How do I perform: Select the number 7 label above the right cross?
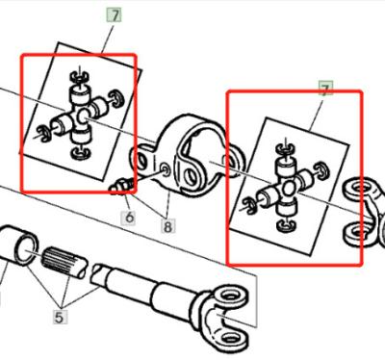pos(324,90)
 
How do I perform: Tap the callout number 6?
pos(127,218)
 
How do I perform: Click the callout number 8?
pos(168,228)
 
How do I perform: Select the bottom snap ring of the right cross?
pos(284,225)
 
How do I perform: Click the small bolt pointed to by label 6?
pos(121,186)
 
